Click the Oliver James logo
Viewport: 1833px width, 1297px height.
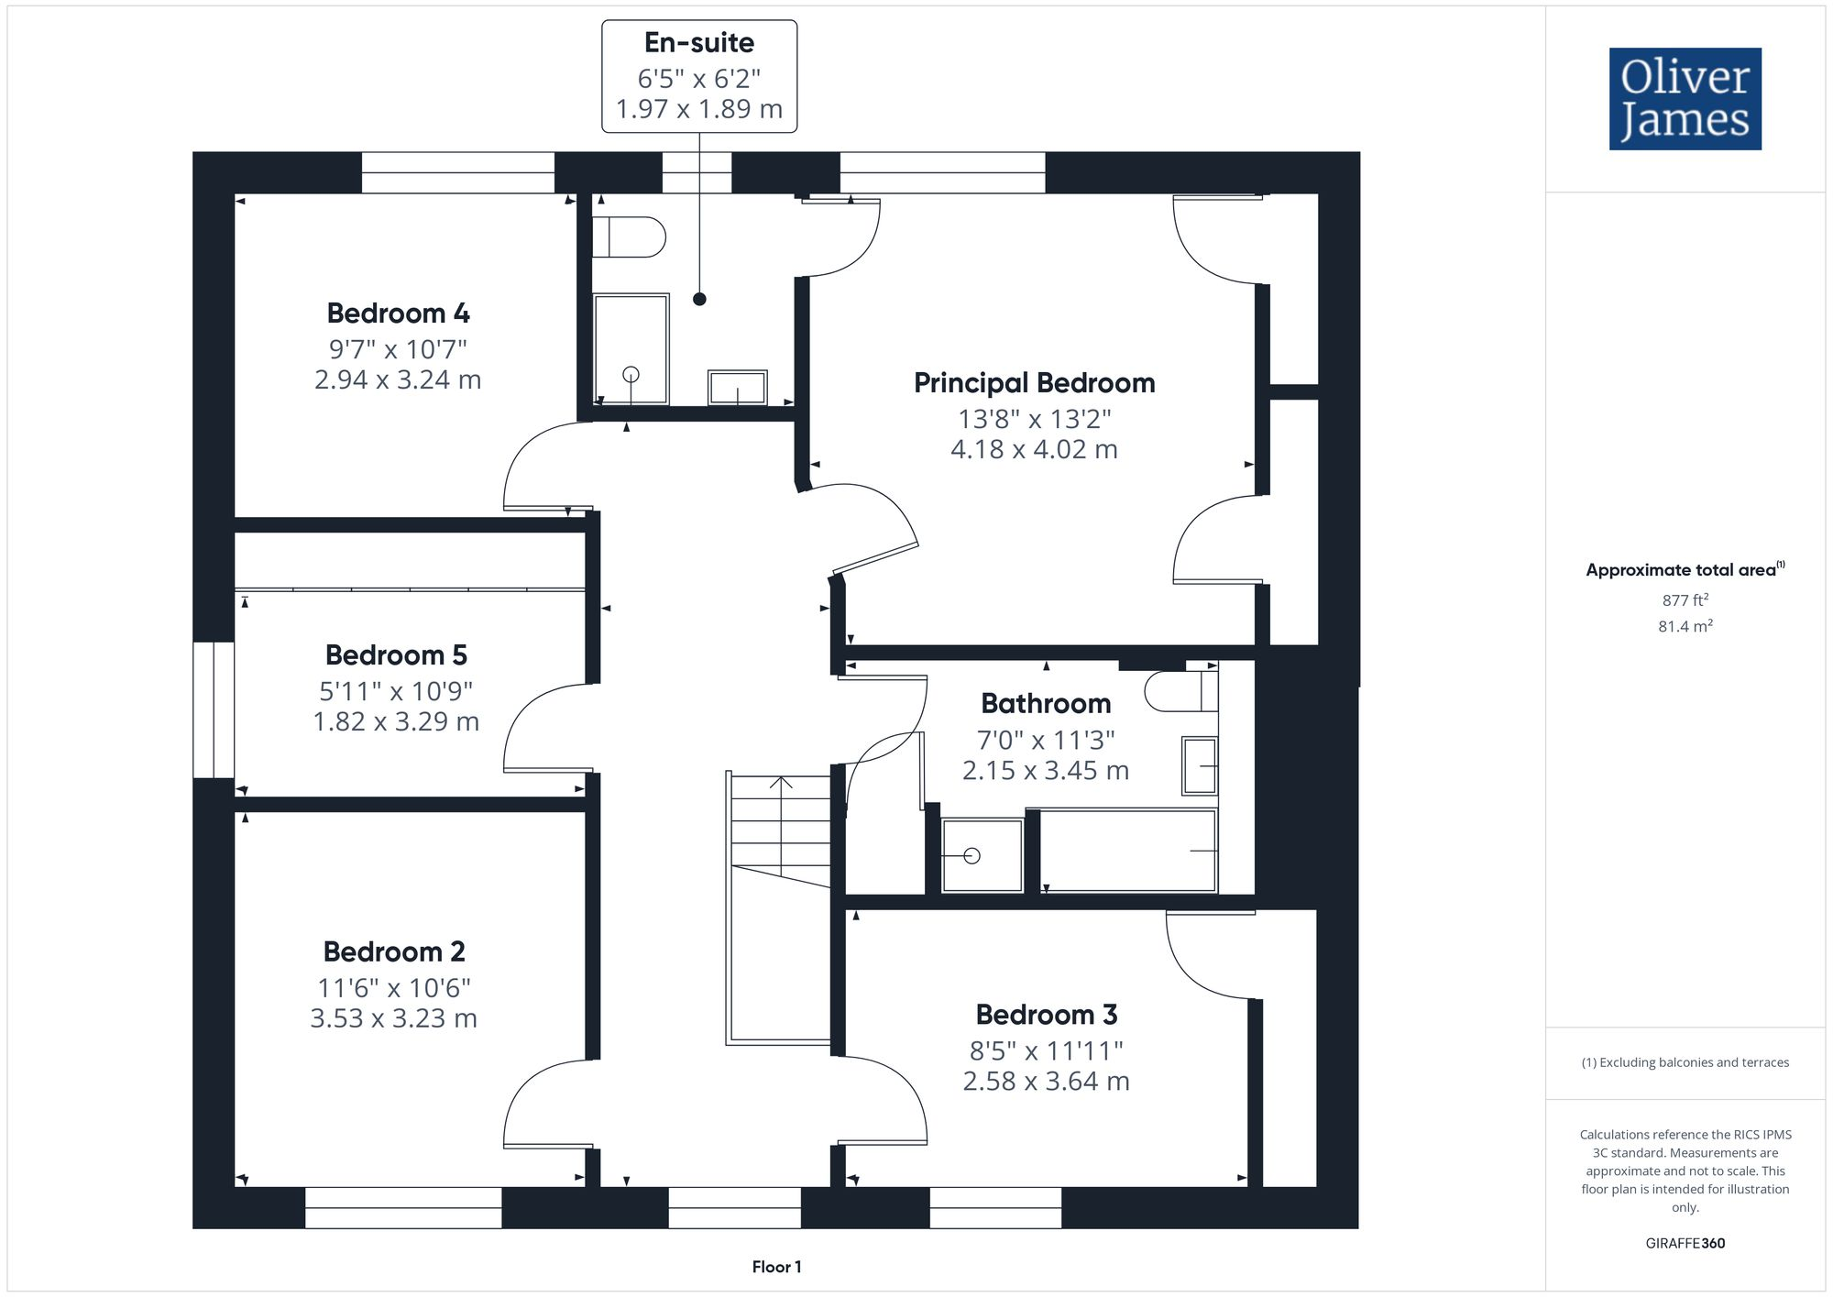pos(1685,99)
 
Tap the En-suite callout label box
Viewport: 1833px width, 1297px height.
pos(699,76)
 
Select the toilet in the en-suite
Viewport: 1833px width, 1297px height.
pos(630,237)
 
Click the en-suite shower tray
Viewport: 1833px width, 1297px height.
pos(631,348)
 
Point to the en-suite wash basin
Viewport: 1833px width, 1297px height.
pos(737,387)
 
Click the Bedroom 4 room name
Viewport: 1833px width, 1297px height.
pos(398,313)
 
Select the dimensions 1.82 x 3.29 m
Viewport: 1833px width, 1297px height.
pos(396,721)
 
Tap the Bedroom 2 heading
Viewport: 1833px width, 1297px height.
pos(394,951)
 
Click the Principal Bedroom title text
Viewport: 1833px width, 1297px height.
pos(1034,383)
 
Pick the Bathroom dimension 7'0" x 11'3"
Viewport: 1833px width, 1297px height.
pos(1045,740)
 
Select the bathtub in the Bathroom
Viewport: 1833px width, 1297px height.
pos(1127,851)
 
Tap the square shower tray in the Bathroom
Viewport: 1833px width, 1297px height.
pos(982,855)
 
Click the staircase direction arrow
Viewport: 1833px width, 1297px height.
pos(781,785)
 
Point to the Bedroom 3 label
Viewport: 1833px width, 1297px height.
pos(1046,1015)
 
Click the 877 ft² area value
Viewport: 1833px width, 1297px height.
pos(1685,600)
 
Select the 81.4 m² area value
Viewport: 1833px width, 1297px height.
pos(1685,626)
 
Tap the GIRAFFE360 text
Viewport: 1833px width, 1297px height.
pos(1685,1243)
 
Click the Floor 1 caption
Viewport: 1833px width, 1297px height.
pos(776,1267)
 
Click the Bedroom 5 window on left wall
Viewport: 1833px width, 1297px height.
pos(214,709)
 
